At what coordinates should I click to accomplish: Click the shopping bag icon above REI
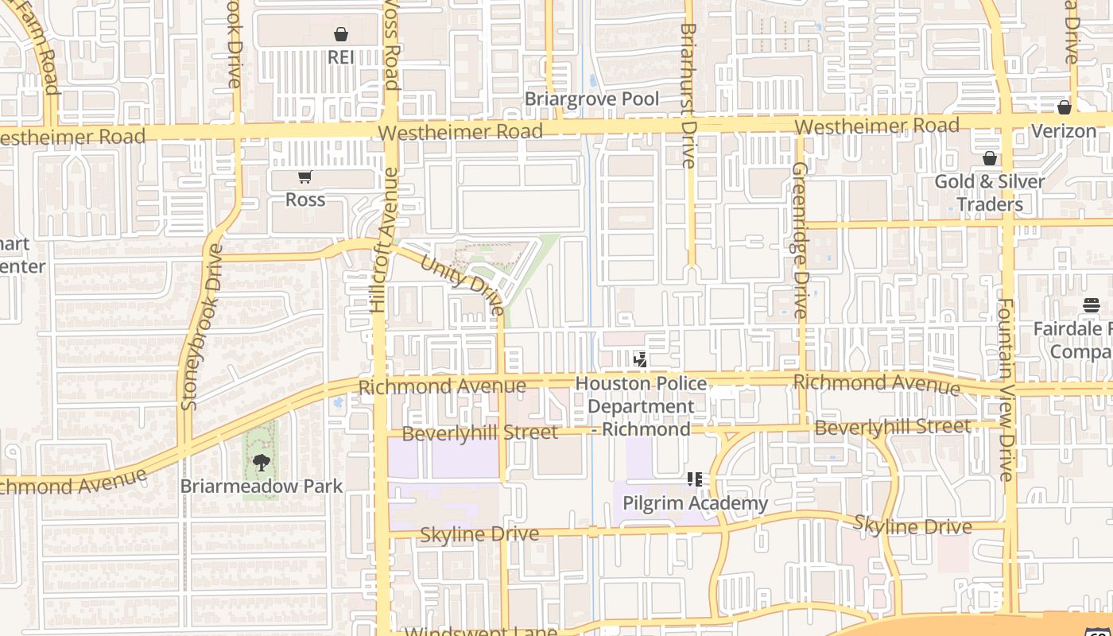coord(341,34)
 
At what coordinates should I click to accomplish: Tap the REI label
coord(341,57)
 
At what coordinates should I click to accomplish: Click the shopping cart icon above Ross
coord(304,176)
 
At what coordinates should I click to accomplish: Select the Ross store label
coord(305,200)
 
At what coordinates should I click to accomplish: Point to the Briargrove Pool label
coord(591,99)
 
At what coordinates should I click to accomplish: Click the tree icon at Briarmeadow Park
coord(261,463)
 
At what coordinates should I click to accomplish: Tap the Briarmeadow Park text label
coord(262,486)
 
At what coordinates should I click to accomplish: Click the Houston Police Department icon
coord(640,360)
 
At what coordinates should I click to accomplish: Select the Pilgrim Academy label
coord(695,503)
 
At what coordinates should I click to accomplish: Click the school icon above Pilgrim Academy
coord(695,479)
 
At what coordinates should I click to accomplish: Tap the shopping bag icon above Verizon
coord(1065,107)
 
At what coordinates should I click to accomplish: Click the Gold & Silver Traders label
coord(989,192)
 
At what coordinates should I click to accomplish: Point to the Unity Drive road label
coord(462,285)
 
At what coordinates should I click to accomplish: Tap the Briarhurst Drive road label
coord(688,95)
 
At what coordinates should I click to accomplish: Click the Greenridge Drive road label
coord(800,240)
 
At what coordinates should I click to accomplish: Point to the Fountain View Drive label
coord(1006,390)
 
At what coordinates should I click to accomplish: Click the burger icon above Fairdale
coord(1091,305)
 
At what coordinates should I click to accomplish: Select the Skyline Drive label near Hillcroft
coord(479,534)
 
